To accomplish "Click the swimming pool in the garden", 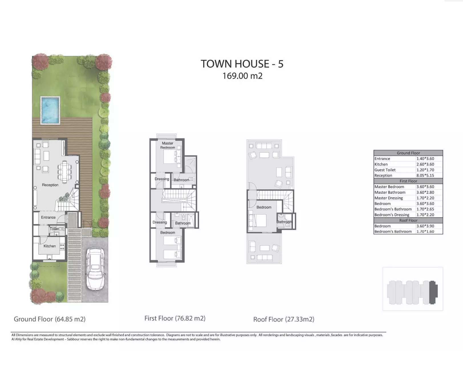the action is pos(50,110).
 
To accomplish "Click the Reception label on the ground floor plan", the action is pos(50,185).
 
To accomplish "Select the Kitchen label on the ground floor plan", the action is pos(50,246).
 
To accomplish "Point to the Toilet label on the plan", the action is pos(54,229).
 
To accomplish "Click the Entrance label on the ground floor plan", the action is pos(48,217).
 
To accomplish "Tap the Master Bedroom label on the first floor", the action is pos(168,145).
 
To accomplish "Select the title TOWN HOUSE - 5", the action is pos(242,64).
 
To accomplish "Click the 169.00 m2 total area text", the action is pos(242,76).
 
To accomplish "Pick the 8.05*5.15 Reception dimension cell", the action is pos(425,175).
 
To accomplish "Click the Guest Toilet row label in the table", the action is pos(385,170).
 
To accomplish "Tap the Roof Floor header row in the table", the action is pos(408,220).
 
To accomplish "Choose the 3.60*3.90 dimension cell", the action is pos(425,226).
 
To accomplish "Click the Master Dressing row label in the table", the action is pos(389,198).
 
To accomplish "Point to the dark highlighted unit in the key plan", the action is pos(433,292).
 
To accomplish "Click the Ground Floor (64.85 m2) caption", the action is pos(50,319).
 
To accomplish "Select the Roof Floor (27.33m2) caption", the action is pos(284,319).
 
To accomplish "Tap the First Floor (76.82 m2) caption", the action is pos(175,318).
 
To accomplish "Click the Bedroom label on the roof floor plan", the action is pos(264,207).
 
